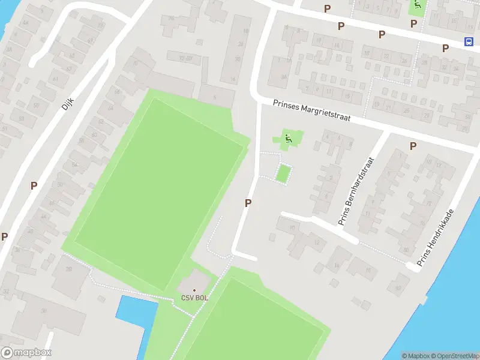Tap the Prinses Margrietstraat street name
[311, 112]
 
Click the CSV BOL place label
[194, 298]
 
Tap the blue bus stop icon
[468, 41]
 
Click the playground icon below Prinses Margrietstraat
[288, 139]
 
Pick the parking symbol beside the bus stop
[445, 48]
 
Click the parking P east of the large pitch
[247, 203]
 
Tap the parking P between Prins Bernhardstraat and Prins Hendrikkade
[413, 146]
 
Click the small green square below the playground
[283, 174]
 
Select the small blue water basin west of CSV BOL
[136, 311]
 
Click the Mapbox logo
[26, 353]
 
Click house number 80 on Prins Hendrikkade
[406, 250]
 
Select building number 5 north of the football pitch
[215, 97]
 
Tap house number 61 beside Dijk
[55, 78]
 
